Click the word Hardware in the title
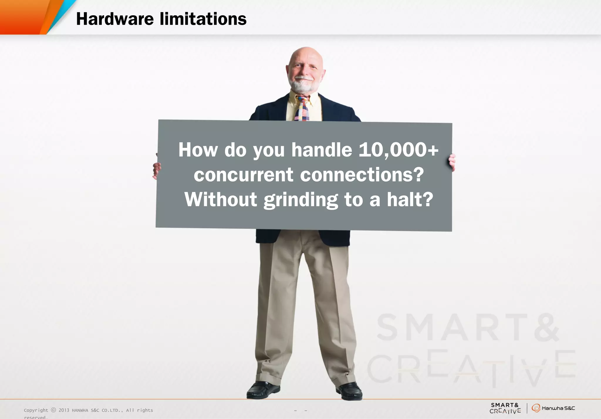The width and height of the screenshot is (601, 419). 115,19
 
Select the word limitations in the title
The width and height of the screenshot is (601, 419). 203,19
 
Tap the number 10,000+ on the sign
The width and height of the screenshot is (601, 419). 399,150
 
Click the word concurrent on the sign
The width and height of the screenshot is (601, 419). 243,175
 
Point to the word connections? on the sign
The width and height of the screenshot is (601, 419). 362,175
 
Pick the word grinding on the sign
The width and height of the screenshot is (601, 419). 300,200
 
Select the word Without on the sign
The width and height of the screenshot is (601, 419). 221,200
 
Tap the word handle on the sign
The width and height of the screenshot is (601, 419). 322,150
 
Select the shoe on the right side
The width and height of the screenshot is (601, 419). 350,391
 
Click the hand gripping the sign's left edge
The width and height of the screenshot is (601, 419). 157,170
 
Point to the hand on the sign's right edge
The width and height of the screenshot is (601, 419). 452,162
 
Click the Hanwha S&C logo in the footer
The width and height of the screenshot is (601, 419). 553,408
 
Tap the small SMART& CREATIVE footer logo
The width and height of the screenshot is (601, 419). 505,408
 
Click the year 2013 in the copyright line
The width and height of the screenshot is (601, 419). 64,410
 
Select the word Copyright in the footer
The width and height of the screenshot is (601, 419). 36,410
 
